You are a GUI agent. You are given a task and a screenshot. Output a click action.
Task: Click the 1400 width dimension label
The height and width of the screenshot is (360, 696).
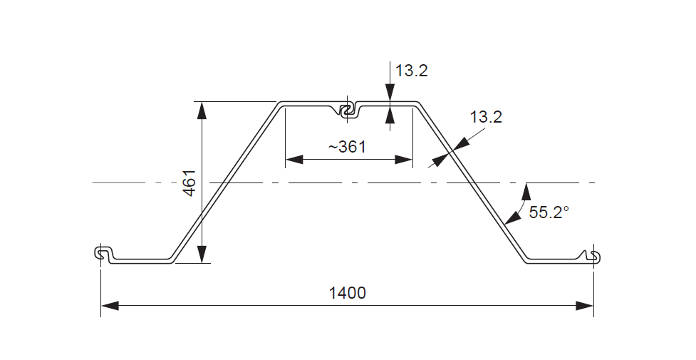click(348, 293)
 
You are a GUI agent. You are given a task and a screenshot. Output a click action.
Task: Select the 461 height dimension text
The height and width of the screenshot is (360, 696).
click(189, 182)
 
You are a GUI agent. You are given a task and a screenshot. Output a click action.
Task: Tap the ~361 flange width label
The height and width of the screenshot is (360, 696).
click(347, 146)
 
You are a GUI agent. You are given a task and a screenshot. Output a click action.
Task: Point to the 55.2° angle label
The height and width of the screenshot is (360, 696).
click(549, 212)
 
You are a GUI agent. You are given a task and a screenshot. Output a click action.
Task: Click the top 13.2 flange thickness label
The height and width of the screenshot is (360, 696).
click(412, 71)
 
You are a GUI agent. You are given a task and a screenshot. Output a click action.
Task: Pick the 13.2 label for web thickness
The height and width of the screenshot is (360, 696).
click(486, 117)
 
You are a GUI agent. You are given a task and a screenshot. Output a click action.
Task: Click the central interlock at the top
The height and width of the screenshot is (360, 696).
click(348, 110)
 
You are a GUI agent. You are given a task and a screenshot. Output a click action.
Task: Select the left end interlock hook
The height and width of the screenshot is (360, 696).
click(103, 253)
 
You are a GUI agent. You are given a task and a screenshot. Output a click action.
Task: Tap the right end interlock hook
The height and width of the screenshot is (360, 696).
click(594, 255)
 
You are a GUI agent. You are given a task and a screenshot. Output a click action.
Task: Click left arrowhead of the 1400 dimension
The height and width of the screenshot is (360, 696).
click(110, 306)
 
